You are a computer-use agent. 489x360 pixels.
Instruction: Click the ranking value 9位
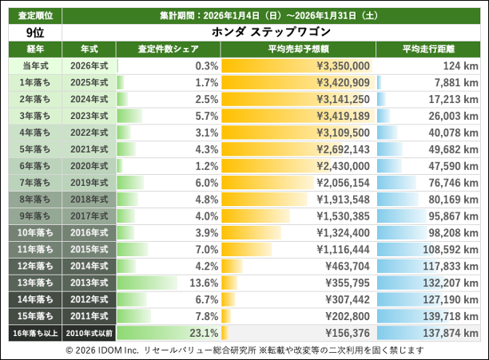coord(34,33)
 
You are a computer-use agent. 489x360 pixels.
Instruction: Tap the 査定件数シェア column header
coord(168,49)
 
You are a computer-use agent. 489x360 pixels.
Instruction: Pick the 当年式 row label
coord(34,65)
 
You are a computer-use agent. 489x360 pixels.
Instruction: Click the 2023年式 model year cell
coord(89,116)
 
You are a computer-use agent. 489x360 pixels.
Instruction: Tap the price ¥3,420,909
coord(343,82)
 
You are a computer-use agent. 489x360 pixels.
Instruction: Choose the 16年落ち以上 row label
coord(34,333)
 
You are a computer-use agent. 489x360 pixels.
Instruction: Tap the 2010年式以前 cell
coord(89,333)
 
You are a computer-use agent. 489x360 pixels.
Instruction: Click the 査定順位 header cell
coord(34,16)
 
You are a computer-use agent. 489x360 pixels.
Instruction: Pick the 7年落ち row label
coord(34,183)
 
